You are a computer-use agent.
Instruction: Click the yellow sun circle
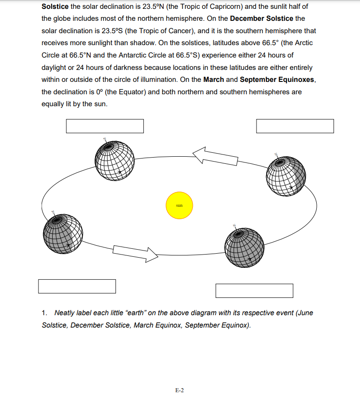tap(179, 205)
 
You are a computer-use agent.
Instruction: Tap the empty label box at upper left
tap(105, 126)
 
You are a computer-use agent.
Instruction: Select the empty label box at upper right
tap(295, 126)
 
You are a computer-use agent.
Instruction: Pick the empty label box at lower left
tap(77, 286)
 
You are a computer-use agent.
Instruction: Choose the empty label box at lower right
tap(254, 291)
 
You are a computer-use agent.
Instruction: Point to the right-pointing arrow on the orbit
tap(135, 253)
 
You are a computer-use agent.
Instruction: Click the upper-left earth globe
tap(115, 160)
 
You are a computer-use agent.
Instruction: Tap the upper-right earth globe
tap(286, 176)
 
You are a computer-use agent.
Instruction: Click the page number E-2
tap(180, 390)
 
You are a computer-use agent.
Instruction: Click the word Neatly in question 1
tap(65, 313)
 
